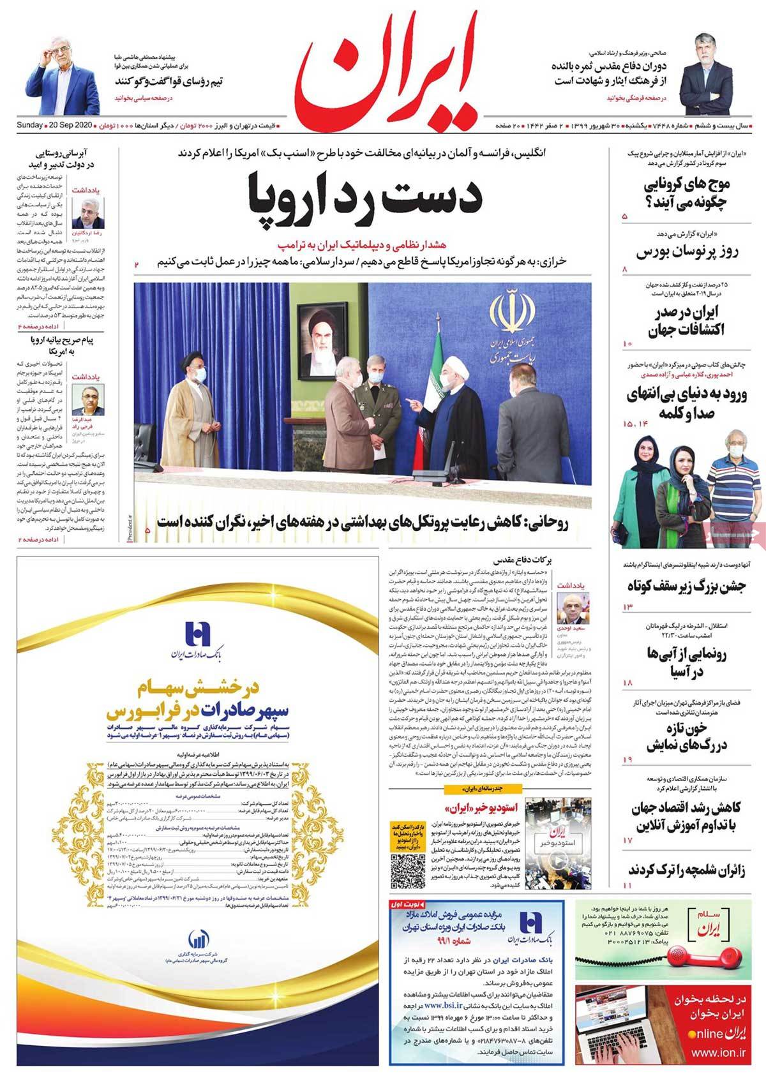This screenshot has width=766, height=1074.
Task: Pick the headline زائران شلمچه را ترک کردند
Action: [686, 869]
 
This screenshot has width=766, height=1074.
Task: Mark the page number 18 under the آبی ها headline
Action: [626, 683]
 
